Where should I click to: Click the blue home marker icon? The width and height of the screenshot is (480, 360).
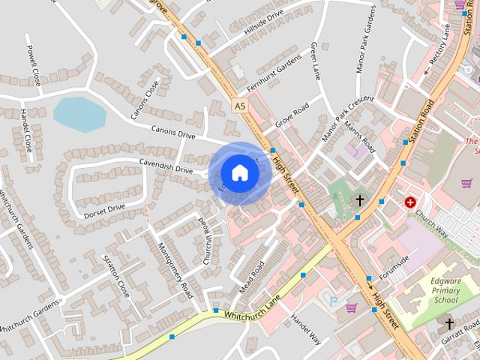pos(239,173)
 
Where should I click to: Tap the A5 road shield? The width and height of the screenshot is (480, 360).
pos(239,106)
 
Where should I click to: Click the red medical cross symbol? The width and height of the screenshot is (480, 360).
pos(410,202)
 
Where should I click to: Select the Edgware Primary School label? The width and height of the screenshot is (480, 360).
pos(435,291)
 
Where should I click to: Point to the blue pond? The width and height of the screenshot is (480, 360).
pos(79,115)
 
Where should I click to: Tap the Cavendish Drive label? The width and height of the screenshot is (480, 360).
pos(166,166)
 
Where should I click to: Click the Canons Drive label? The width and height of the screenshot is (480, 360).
pos(173,133)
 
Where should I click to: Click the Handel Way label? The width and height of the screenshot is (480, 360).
pos(306,329)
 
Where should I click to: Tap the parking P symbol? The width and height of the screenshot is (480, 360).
pos(333,301)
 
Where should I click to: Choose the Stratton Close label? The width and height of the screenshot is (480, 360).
pos(118,277)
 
